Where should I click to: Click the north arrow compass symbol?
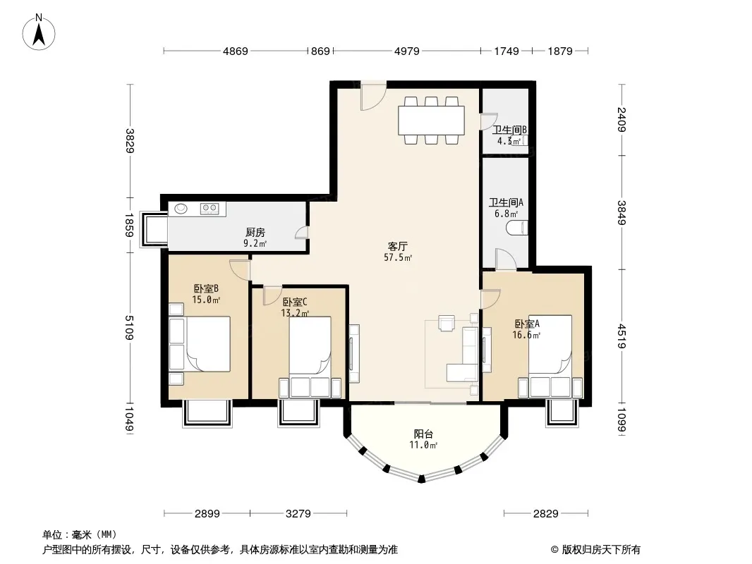click(39, 32)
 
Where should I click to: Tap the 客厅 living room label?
click(398, 246)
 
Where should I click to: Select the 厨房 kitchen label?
click(255, 233)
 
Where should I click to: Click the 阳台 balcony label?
click(423, 434)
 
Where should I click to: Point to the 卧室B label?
click(206, 288)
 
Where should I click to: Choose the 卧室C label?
click(295, 302)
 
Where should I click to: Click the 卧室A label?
click(527, 324)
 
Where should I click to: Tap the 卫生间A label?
click(506, 203)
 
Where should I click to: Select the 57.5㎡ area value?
click(398, 258)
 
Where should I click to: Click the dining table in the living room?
click(431, 121)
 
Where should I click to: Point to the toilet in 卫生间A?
click(517, 228)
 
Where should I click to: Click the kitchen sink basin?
click(181, 209)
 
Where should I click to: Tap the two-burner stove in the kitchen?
click(210, 208)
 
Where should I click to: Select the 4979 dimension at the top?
click(407, 51)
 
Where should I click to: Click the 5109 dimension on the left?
click(129, 328)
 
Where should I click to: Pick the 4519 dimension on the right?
click(621, 336)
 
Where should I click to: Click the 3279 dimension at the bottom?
click(298, 514)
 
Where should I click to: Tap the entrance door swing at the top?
click(373, 97)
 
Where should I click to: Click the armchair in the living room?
click(447, 323)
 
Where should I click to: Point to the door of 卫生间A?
click(506, 259)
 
